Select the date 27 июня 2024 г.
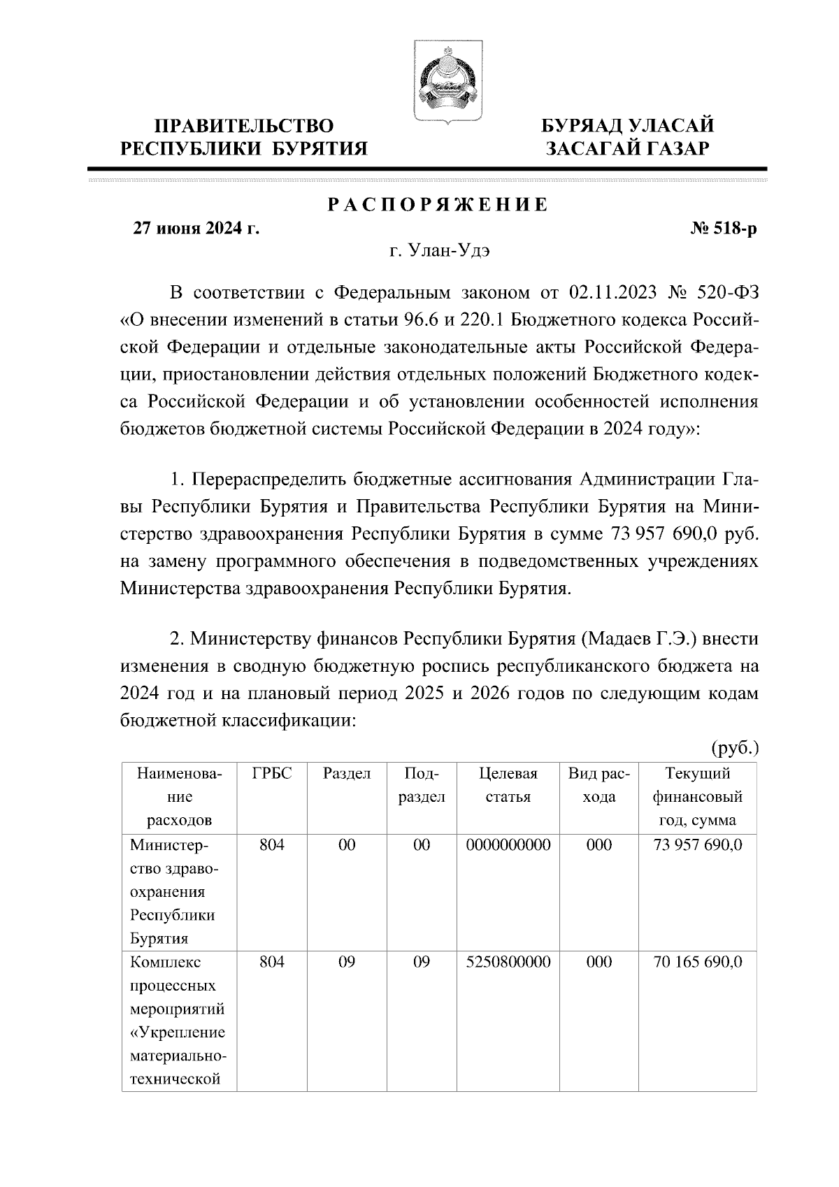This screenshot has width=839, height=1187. tap(196, 229)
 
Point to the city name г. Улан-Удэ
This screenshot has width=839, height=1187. tap(439, 251)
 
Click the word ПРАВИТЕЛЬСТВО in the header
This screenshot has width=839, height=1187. tap(244, 126)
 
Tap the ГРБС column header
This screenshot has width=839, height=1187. tap(271, 774)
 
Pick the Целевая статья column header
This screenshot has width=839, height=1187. tap(508, 785)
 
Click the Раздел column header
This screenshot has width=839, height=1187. tap(347, 774)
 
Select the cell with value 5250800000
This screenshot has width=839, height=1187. tap(508, 962)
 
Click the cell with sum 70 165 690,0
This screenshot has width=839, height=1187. tap(697, 962)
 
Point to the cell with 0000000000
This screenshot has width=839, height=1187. tap(508, 845)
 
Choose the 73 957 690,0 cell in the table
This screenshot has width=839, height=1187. tap(697, 845)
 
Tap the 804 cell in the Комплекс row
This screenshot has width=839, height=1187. tap(271, 962)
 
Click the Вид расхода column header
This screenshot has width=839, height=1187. tap(599, 785)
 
